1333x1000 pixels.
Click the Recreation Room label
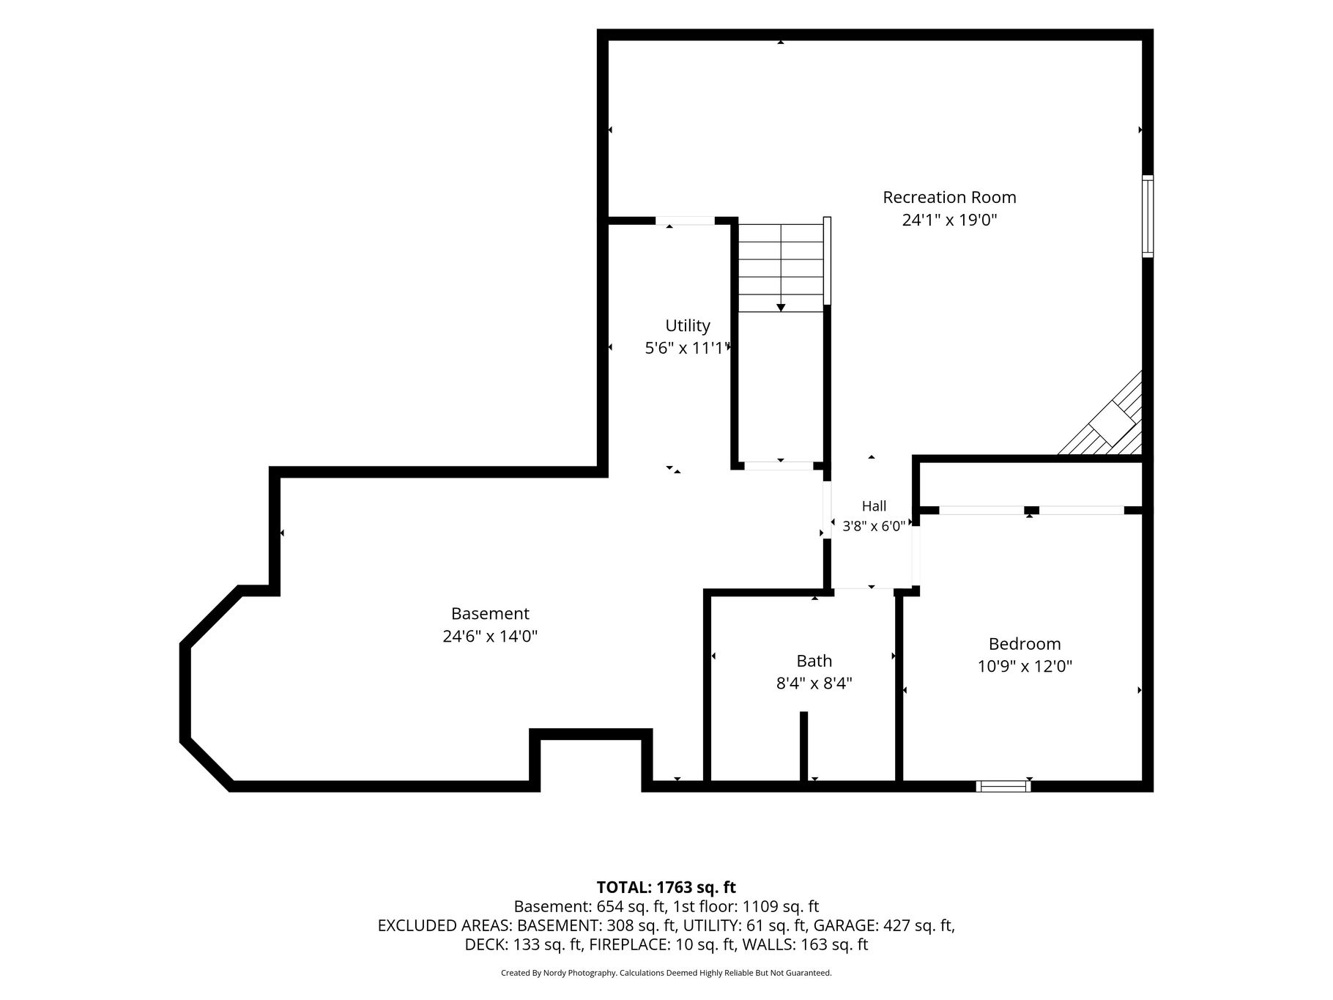click(x=949, y=197)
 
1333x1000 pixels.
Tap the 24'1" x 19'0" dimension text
click(x=949, y=220)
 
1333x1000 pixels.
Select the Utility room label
click(x=688, y=326)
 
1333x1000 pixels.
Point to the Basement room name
click(x=490, y=614)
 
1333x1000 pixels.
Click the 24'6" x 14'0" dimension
click(x=490, y=637)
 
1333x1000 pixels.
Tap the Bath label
click(x=814, y=661)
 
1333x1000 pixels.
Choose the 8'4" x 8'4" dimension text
click(x=814, y=684)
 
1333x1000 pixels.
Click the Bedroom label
click(x=1025, y=644)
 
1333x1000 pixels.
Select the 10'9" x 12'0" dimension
click(x=1025, y=667)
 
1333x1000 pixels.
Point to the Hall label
click(x=874, y=506)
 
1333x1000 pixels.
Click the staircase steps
click(x=781, y=267)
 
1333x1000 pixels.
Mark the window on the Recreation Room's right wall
click(x=1148, y=216)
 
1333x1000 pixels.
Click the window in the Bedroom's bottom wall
click(x=1003, y=786)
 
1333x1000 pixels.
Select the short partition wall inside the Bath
click(x=803, y=747)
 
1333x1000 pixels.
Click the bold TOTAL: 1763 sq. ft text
click(x=666, y=888)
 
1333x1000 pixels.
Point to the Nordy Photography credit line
click(x=666, y=973)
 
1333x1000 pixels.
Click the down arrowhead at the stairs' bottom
click(x=781, y=308)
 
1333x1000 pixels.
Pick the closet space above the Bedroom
click(x=1031, y=484)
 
